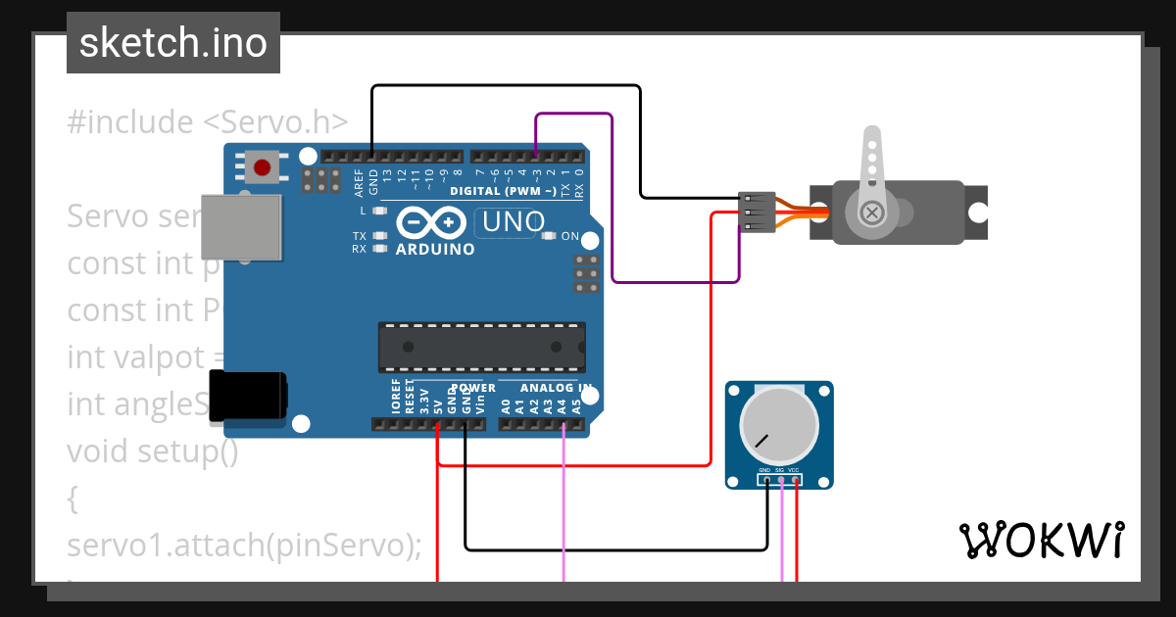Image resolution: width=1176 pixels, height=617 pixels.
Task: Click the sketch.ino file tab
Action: click(x=173, y=43)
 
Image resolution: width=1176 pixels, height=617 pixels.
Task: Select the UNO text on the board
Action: click(x=510, y=223)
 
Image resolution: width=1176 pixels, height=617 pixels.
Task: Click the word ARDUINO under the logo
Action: click(x=435, y=250)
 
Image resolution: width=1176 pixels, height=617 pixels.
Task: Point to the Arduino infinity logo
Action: click(x=432, y=224)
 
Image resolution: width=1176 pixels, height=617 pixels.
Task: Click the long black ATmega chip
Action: click(x=482, y=347)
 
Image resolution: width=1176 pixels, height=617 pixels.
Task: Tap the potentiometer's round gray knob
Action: click(x=779, y=425)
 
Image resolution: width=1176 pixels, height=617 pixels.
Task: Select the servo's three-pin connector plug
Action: click(x=757, y=213)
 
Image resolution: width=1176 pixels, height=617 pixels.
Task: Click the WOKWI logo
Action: click(x=1042, y=540)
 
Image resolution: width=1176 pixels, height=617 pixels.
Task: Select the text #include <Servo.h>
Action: click(x=208, y=122)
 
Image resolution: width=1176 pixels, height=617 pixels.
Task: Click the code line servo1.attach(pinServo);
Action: click(x=244, y=545)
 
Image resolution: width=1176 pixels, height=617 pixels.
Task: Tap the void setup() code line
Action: click(x=152, y=451)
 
